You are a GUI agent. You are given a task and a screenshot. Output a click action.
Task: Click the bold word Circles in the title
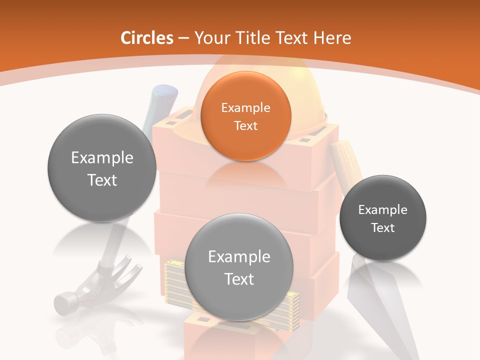[147, 38]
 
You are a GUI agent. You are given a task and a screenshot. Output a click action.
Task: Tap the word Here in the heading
[333, 38]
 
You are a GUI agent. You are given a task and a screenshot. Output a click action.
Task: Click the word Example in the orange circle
[245, 108]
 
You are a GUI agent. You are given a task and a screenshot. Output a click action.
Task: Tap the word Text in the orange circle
[245, 126]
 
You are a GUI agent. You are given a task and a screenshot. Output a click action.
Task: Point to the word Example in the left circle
[102, 158]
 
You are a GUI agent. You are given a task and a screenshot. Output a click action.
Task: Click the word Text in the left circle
[102, 180]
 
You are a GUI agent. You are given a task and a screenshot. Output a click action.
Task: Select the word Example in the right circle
[383, 210]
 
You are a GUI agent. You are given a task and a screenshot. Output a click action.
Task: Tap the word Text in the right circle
[383, 228]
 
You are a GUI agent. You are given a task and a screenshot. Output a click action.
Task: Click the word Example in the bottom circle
[239, 257]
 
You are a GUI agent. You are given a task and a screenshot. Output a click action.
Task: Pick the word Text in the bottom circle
[239, 279]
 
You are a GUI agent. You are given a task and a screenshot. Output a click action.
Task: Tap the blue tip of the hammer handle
[165, 93]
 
